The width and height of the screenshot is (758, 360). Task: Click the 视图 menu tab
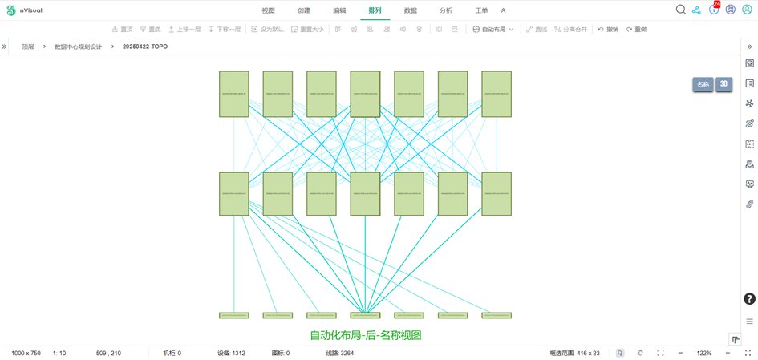pyautogui.click(x=268, y=10)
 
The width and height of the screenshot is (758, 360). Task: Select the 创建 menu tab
pyautogui.click(x=303, y=10)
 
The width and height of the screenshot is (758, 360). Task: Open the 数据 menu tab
pyautogui.click(x=410, y=10)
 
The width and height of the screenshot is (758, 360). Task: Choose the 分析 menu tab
pyautogui.click(x=445, y=10)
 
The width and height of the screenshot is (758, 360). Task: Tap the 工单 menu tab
pyautogui.click(x=481, y=10)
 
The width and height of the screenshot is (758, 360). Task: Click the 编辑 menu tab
pyautogui.click(x=339, y=10)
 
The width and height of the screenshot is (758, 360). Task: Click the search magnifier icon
pyautogui.click(x=680, y=10)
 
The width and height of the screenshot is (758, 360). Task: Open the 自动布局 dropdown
pyautogui.click(x=492, y=30)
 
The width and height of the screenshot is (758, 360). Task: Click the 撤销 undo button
pyautogui.click(x=608, y=30)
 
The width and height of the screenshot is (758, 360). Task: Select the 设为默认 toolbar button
pyautogui.click(x=268, y=30)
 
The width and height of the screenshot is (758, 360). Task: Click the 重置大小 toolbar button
pyautogui.click(x=307, y=30)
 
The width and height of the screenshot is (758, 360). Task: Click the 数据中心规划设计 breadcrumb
pyautogui.click(x=78, y=47)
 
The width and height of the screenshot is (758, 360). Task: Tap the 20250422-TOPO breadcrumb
pyautogui.click(x=145, y=47)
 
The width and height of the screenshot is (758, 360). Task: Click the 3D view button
pyautogui.click(x=724, y=84)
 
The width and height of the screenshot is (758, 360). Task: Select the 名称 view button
pyautogui.click(x=703, y=84)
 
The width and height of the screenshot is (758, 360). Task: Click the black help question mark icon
pyautogui.click(x=749, y=299)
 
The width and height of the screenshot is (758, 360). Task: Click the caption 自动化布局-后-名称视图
pyautogui.click(x=366, y=335)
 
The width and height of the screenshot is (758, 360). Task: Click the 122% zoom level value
pyautogui.click(x=703, y=353)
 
